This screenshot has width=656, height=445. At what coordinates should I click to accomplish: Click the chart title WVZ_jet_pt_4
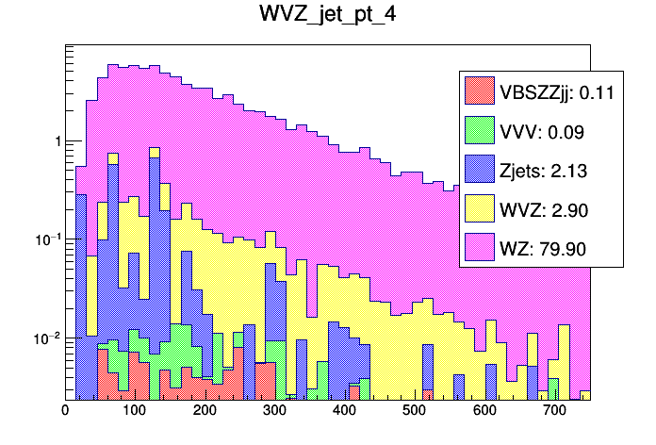point(328,16)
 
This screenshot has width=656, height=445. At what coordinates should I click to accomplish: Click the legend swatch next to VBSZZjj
point(480,91)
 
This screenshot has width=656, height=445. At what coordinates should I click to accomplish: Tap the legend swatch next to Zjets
point(480,171)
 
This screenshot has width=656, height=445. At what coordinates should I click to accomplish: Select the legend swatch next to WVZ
point(480,210)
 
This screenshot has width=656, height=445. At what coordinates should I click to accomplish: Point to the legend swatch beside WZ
point(480,249)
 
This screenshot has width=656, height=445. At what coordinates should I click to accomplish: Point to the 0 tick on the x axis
point(65,410)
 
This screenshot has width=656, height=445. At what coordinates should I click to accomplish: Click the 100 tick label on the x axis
point(135,410)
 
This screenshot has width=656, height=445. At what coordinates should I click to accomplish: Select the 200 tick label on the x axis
point(205,410)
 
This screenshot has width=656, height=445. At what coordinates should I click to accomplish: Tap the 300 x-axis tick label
point(275,410)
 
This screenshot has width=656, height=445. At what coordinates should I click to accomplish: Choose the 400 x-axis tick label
point(345,410)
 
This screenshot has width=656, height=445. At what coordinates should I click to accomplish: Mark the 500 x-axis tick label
point(416,410)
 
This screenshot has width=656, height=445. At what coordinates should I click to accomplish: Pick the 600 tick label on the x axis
point(485,410)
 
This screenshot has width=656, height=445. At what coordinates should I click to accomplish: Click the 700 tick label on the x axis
point(555,410)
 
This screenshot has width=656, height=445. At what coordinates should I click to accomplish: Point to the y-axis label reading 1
point(57,141)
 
